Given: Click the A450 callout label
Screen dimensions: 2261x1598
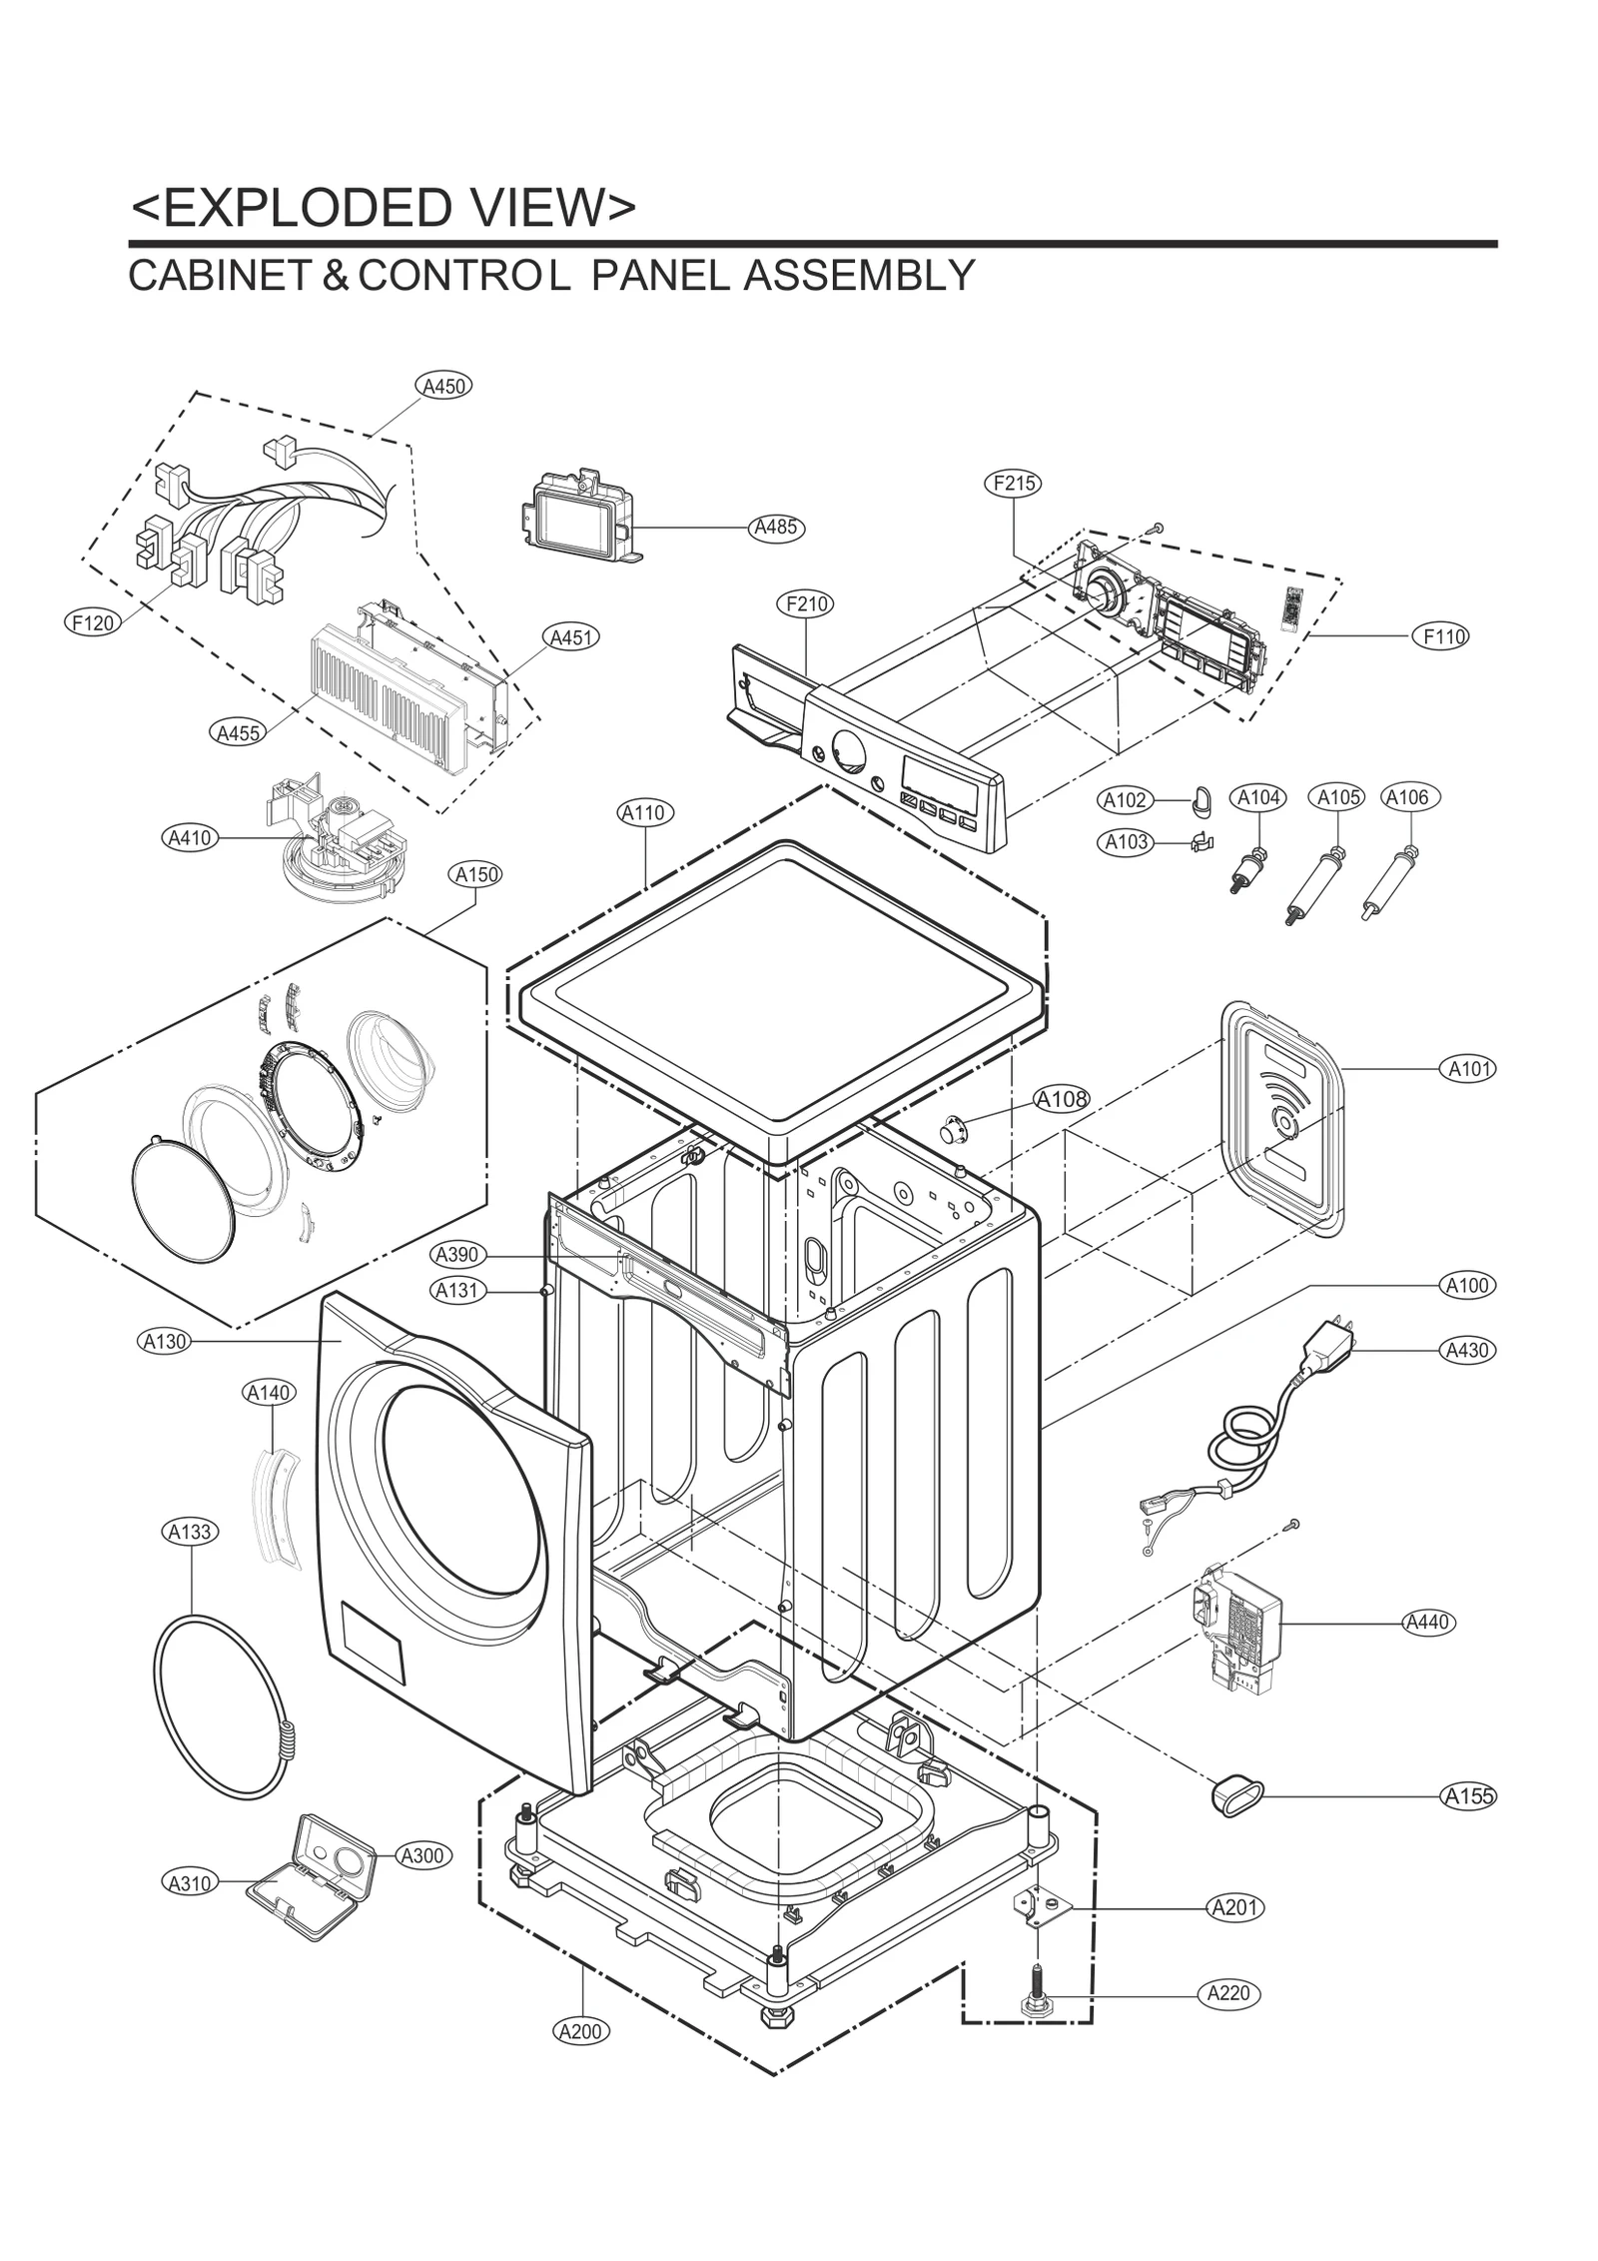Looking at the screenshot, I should point(443,386).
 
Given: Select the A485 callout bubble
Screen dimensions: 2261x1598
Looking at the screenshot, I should point(776,527).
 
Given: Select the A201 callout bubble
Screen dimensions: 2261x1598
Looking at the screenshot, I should point(1235,1907).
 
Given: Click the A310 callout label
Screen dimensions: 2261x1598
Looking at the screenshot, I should point(189,1882).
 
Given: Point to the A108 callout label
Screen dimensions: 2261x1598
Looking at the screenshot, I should point(1061,1099).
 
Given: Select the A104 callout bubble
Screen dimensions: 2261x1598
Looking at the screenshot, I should point(1259,797).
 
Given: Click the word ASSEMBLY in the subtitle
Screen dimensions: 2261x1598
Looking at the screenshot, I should point(858,276).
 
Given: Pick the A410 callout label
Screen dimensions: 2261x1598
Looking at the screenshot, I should point(190,837).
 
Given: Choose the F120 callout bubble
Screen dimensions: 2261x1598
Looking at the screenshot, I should point(93,622).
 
